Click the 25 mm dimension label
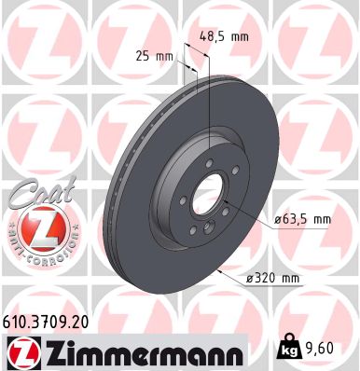click(155, 57)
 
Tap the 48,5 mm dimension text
click(225, 37)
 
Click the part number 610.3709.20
click(48, 319)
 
